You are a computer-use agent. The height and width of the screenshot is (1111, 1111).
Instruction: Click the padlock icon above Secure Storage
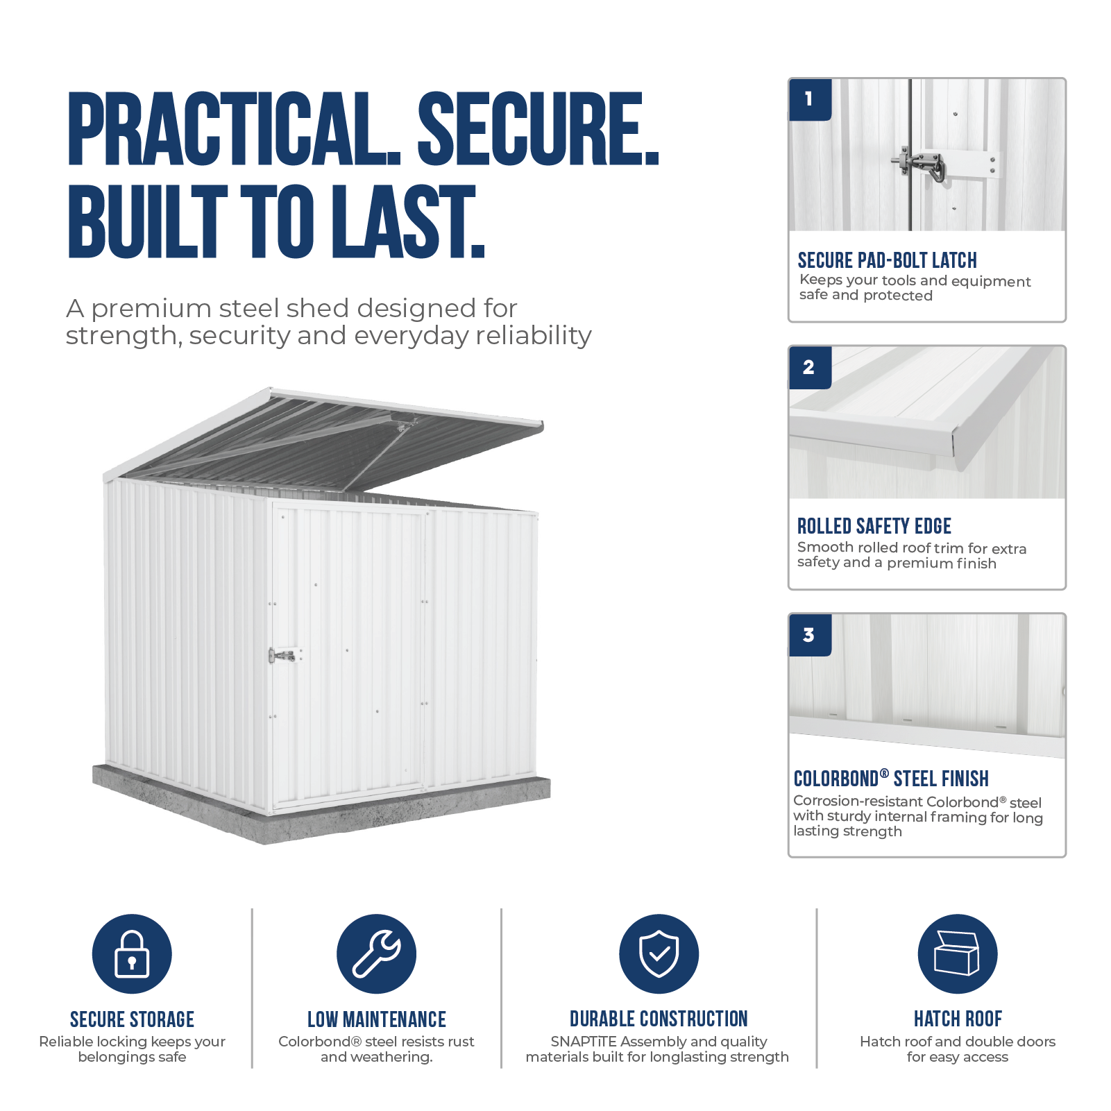132,953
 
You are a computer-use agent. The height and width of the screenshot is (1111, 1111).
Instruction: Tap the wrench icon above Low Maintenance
376,953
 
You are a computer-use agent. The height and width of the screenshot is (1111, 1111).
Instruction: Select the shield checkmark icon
659,953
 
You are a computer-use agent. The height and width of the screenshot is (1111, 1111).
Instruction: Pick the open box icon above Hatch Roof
957,953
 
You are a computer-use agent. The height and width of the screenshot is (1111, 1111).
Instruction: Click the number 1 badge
810,99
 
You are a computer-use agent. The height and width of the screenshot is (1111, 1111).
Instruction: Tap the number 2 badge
810,367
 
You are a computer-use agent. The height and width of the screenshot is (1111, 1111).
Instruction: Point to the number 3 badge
810,635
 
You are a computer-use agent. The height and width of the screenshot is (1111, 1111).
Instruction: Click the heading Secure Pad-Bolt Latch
887,260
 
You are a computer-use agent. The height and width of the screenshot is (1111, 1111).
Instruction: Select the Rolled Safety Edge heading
874,526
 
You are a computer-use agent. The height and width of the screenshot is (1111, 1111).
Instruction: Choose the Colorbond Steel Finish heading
891,779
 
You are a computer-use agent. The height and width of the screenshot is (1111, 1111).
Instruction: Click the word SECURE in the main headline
538,128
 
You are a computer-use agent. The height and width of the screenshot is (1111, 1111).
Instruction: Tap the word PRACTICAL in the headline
235,128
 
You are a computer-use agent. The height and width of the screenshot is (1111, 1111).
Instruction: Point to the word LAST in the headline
407,221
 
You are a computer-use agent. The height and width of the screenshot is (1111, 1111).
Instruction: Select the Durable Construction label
659,1019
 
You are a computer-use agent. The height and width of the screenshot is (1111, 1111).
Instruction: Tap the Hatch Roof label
958,1019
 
